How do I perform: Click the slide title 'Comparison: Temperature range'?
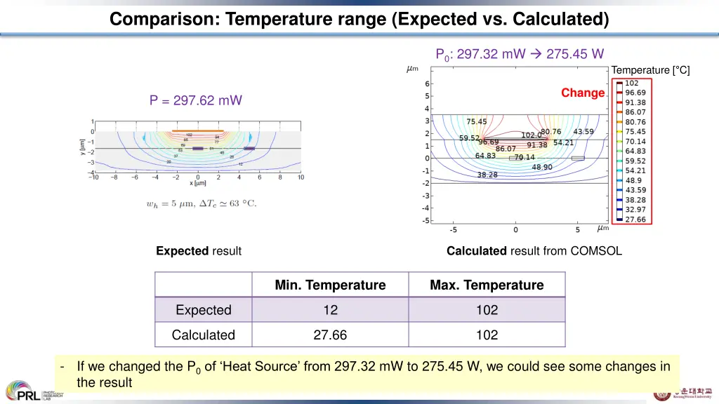359,19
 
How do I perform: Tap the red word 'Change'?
582,93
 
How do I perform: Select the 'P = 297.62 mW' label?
195,100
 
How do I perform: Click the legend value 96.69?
635,93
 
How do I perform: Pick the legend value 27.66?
635,220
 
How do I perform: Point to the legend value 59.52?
635,161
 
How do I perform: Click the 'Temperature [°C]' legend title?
650,70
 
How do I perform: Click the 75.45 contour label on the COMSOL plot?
477,121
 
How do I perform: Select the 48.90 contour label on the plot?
542,167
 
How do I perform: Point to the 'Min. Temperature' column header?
330,285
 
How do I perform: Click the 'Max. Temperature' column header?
487,285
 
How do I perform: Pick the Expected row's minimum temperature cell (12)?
330,310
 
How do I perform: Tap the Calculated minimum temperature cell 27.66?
330,335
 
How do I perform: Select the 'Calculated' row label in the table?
204,335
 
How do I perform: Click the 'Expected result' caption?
199,251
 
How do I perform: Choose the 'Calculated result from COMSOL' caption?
534,251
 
